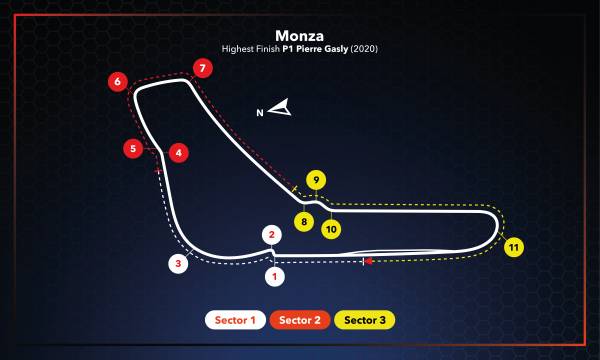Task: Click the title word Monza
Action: (300, 34)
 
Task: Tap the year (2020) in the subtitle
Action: (366, 48)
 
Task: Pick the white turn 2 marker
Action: (270, 235)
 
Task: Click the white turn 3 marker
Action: (178, 264)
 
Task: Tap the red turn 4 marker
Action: (178, 153)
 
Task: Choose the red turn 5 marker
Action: (133, 149)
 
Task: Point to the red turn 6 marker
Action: (118, 81)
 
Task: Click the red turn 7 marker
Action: (203, 69)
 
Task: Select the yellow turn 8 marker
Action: (302, 220)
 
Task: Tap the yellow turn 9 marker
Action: (316, 180)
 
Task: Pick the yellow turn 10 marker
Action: (331, 228)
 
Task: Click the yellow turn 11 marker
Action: (513, 246)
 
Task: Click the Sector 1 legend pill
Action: (235, 320)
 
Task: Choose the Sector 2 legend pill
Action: (300, 320)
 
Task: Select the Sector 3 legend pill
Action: (365, 320)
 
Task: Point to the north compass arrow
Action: (280, 107)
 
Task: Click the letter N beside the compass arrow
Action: (260, 113)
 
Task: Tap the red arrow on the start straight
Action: (369, 261)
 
